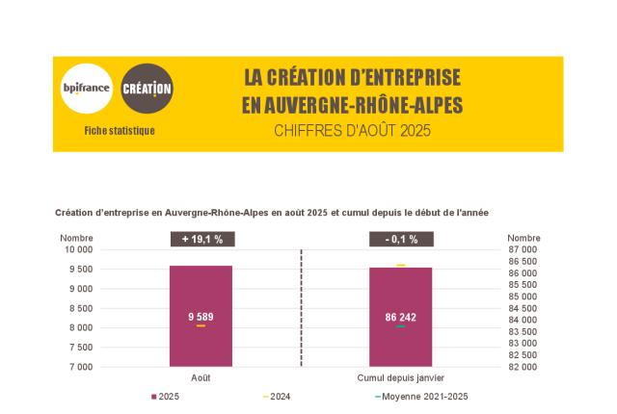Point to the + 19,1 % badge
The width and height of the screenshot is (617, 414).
point(201,239)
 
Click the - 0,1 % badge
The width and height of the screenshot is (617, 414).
point(401,239)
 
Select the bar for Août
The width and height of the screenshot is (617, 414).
point(201,289)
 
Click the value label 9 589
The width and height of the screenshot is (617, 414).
point(201,317)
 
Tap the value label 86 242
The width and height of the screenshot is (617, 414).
point(400,317)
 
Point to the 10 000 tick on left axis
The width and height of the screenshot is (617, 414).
point(79,249)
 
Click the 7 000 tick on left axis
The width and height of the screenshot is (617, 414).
point(81,367)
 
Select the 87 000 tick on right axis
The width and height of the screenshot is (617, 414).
point(523,249)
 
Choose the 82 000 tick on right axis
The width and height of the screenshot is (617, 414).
point(523,367)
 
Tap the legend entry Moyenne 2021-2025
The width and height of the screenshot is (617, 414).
point(424,397)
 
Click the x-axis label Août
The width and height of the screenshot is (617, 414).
point(201,378)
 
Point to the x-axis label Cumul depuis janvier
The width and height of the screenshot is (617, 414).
point(401,378)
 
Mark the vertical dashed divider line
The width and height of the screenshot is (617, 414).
point(302,308)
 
